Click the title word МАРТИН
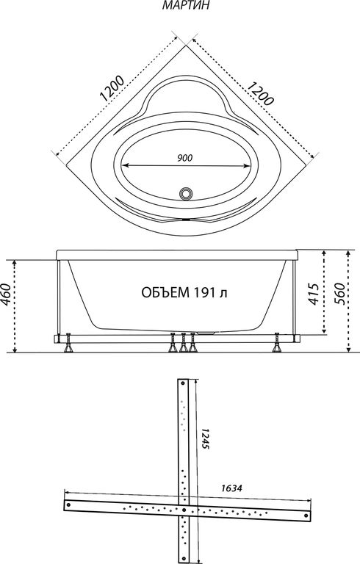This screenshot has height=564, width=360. [185, 5]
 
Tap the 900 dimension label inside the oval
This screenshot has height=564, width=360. [185, 158]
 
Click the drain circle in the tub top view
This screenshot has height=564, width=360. [186, 193]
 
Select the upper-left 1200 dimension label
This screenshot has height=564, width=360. [112, 88]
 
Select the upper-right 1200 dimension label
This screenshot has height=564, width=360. [260, 93]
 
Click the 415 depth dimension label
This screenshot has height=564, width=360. [314, 294]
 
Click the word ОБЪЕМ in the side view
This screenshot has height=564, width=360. [165, 293]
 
